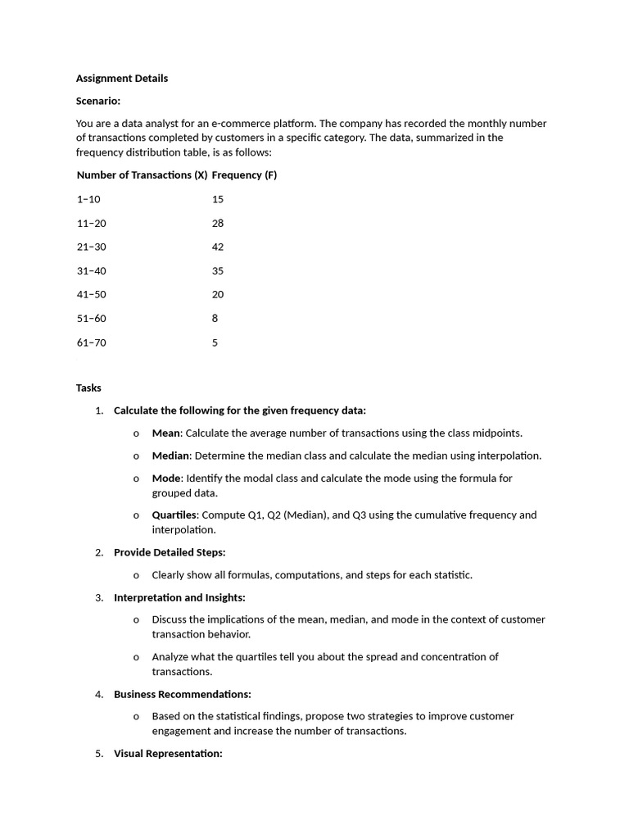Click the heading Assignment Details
[x=122, y=79]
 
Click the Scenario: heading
[x=98, y=101]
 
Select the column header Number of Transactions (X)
[x=142, y=175]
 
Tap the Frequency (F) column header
[x=244, y=175]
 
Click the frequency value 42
[x=217, y=247]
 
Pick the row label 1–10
[x=88, y=199]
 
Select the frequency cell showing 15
[x=217, y=199]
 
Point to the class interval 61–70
[x=92, y=342]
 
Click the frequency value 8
[x=215, y=318]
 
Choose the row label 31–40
[x=92, y=270]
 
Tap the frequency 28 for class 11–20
[x=217, y=223]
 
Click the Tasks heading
[x=88, y=388]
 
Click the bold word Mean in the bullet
[x=166, y=433]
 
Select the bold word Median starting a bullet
[x=170, y=456]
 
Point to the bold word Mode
[x=166, y=478]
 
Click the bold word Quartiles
[x=174, y=515]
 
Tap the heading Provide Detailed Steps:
[x=170, y=552]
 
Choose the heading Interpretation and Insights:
[x=179, y=597]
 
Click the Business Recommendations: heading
[x=183, y=694]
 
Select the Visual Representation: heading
[x=168, y=753]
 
